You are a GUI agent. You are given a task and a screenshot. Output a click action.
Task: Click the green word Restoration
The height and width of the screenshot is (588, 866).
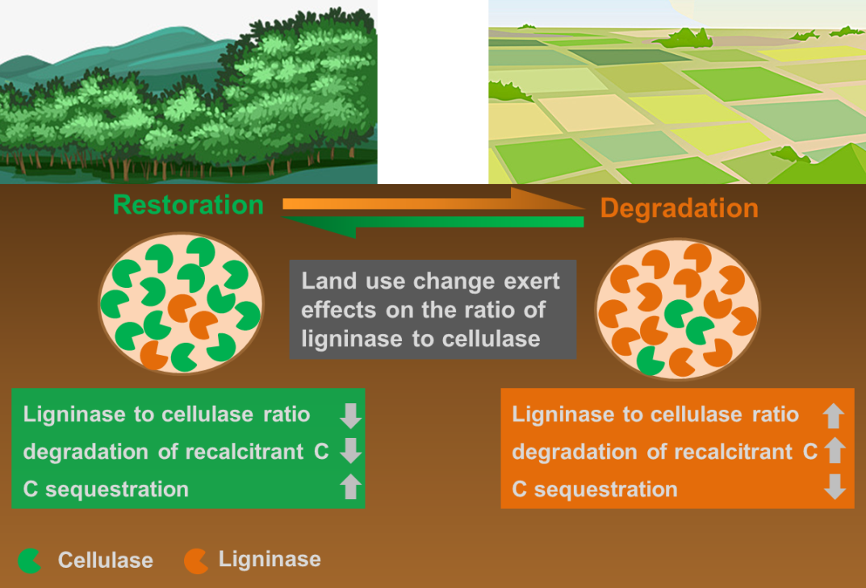tap(188, 205)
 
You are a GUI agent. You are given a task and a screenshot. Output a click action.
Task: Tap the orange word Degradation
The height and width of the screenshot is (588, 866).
tap(679, 208)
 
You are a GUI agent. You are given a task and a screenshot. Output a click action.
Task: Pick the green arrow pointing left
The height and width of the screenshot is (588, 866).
tap(452, 223)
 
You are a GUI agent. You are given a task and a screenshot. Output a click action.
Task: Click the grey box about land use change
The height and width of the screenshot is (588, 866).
tap(433, 310)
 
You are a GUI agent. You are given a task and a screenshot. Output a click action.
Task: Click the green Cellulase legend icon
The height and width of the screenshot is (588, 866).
tap(30, 560)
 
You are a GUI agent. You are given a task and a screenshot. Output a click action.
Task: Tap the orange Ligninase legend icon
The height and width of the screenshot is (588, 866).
tap(196, 560)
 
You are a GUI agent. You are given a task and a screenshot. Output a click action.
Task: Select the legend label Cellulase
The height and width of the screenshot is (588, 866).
tap(105, 560)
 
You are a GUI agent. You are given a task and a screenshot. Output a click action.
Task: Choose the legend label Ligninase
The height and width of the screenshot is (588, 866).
tap(270, 559)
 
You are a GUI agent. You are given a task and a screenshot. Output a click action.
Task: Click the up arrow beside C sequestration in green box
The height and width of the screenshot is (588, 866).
tap(350, 487)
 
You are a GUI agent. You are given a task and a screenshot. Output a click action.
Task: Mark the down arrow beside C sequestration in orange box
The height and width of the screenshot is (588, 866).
tap(836, 487)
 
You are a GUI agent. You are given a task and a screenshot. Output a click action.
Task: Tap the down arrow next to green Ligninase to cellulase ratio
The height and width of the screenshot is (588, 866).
tap(350, 415)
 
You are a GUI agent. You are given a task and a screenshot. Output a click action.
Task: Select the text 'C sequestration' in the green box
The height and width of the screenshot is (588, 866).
tap(106, 489)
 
